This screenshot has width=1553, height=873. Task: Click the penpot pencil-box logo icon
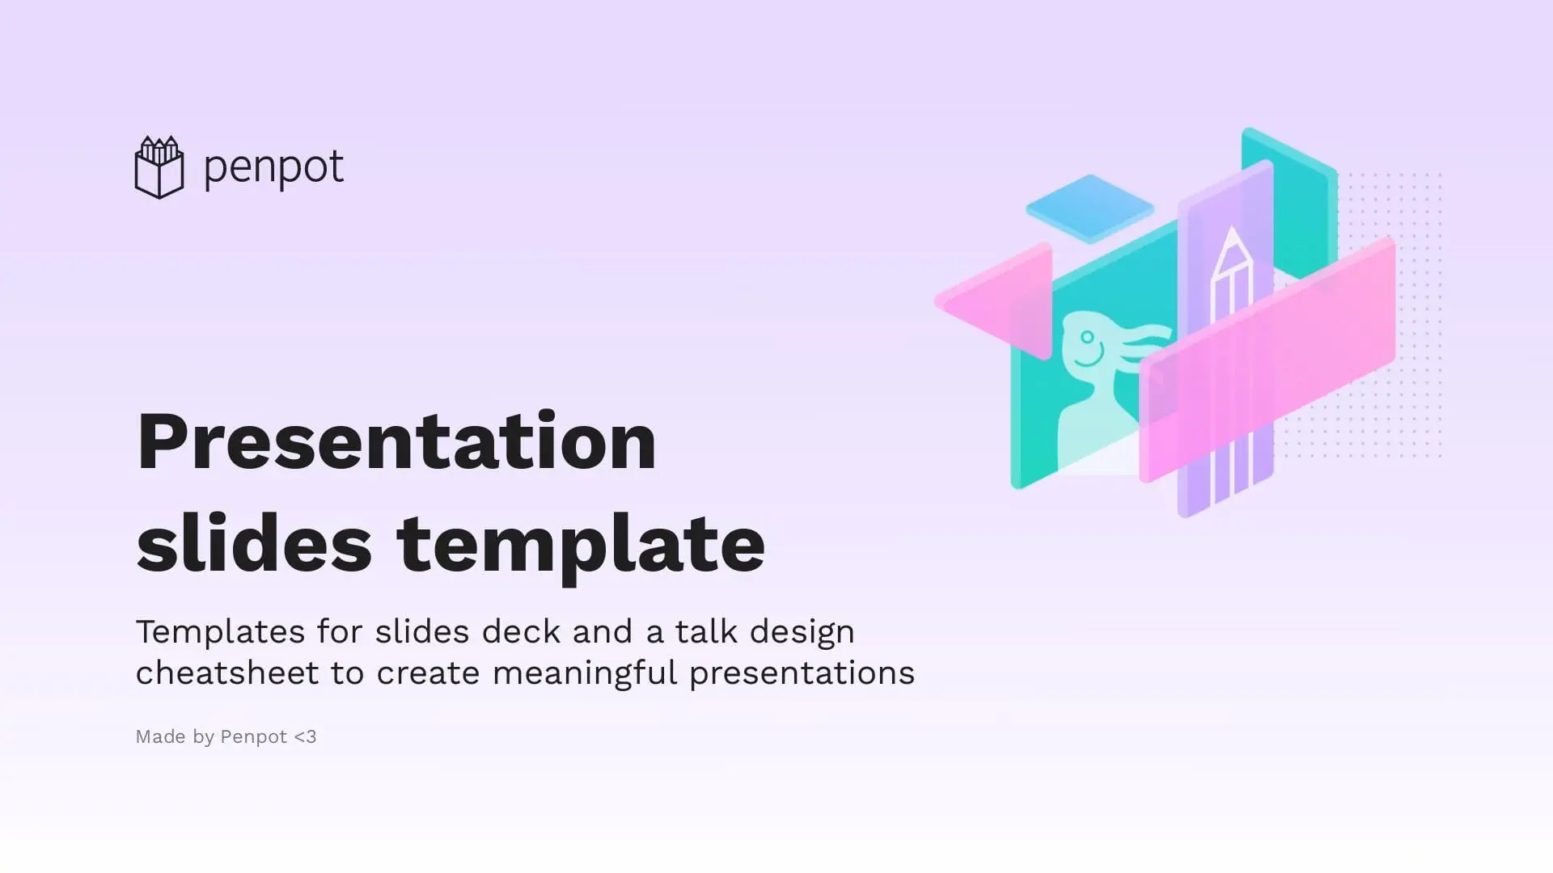(159, 167)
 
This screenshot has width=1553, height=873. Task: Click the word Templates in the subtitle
(220, 631)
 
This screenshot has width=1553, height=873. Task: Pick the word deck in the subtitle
(521, 631)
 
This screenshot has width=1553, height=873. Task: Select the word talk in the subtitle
(706, 631)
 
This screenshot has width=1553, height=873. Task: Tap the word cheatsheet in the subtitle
(227, 673)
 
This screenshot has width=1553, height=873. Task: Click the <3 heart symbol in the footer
(305, 736)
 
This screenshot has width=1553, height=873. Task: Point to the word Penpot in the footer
(253, 737)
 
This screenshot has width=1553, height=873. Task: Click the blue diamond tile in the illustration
(1090, 209)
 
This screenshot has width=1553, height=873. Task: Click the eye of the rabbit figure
(1087, 337)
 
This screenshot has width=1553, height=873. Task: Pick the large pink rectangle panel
(1267, 360)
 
